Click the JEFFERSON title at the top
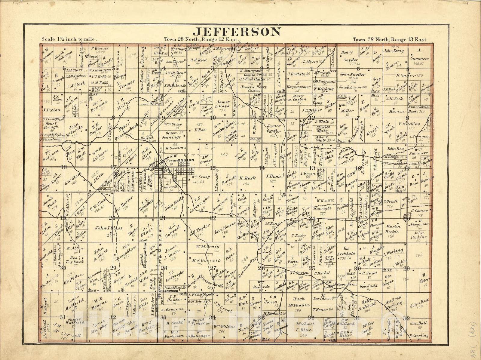tap(237, 32)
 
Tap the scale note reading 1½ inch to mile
tap(69, 39)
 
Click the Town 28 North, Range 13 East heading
tap(390, 39)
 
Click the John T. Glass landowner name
tap(108, 228)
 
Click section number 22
tap(213, 218)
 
